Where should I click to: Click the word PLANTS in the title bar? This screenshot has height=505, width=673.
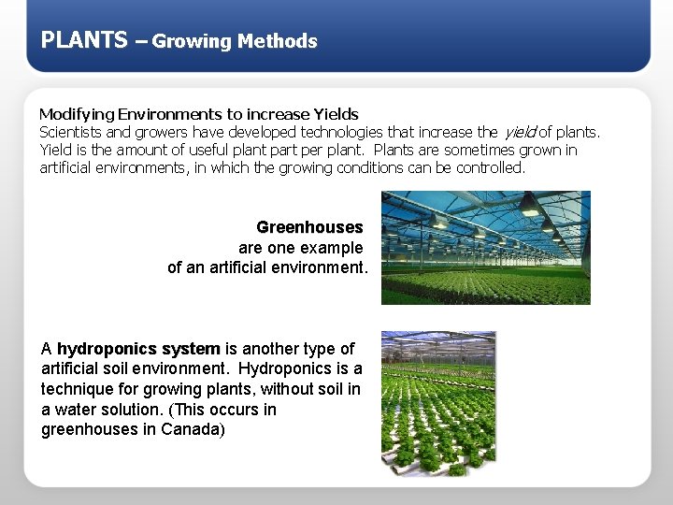84,39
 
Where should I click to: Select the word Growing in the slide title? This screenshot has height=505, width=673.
192,41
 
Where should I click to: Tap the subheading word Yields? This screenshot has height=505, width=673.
336,114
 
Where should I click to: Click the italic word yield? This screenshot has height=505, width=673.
519,132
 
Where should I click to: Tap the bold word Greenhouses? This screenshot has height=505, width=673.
309,227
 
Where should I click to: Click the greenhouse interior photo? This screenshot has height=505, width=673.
485,248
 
